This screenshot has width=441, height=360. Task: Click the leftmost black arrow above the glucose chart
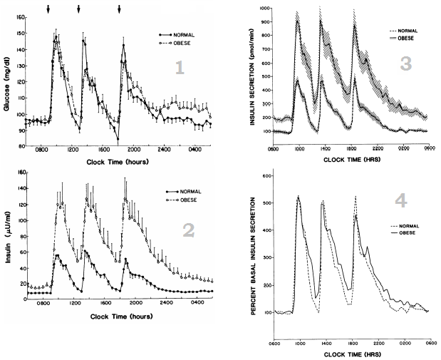point(48,9)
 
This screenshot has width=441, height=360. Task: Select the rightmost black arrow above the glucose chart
point(120,9)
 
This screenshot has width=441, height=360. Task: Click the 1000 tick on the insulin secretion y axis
point(264,9)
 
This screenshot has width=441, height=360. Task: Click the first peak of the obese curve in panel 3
point(296,21)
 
